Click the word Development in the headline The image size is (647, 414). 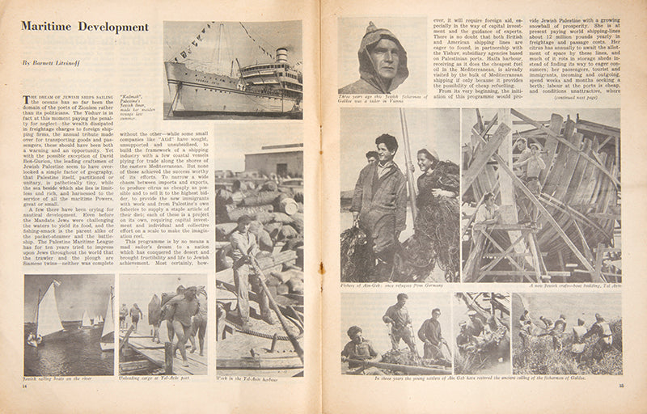tap(112, 27)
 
